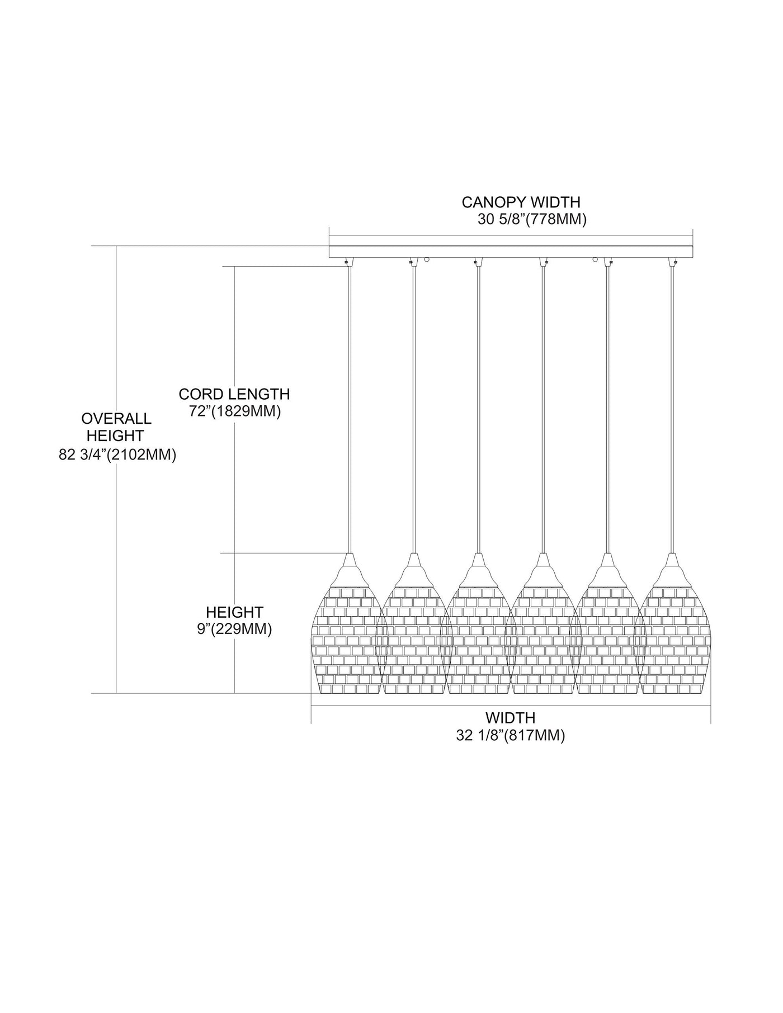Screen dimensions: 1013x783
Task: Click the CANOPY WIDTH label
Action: coord(521,201)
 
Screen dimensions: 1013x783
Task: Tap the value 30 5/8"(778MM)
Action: coord(532,220)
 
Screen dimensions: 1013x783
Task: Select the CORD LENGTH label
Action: coord(234,394)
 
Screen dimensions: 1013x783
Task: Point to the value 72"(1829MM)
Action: coord(234,412)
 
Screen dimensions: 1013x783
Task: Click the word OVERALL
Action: coord(116,418)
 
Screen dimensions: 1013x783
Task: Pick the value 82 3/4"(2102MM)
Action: coord(117,455)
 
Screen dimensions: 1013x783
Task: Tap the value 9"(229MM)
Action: coord(234,629)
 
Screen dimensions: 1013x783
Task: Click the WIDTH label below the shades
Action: coord(510,717)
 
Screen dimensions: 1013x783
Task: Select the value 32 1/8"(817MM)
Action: coord(510,736)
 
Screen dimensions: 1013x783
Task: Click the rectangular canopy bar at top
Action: coord(511,251)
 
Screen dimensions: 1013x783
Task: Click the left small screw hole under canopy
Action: coord(427,259)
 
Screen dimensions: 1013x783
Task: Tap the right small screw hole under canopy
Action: coord(595,259)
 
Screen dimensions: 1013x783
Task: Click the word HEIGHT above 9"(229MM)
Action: coord(234,612)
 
